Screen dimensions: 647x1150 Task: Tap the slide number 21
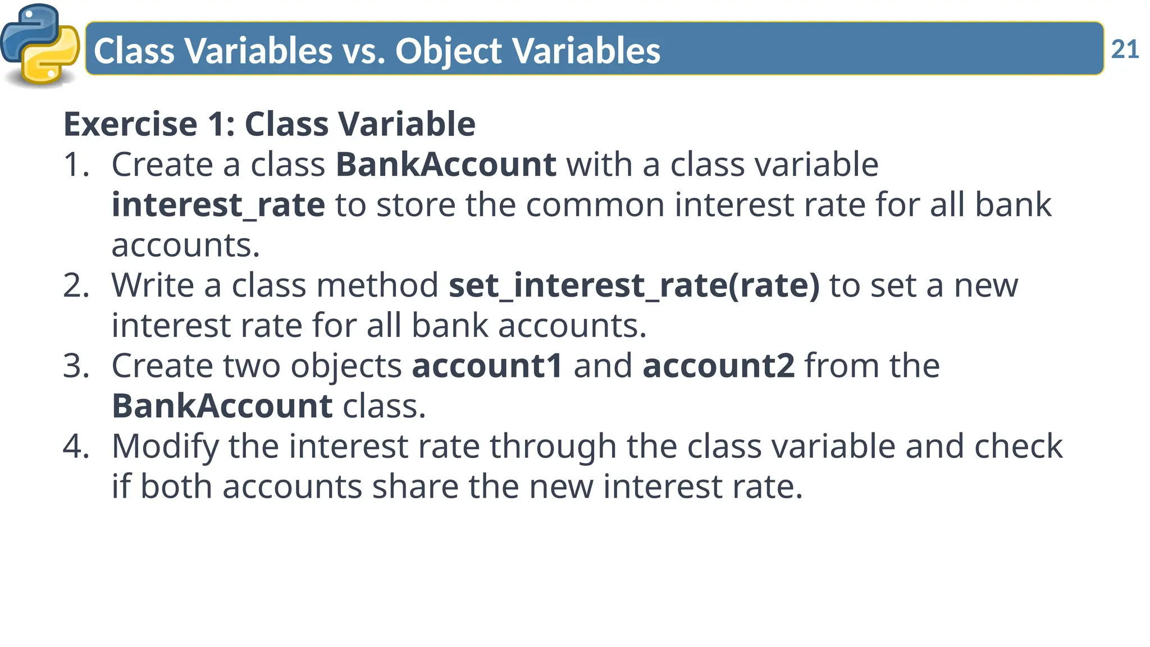click(x=1125, y=49)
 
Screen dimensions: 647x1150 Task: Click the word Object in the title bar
click(x=448, y=51)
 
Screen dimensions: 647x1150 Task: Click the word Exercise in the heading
click(x=130, y=124)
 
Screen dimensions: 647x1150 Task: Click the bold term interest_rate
click(x=218, y=205)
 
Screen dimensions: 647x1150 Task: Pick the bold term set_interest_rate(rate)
click(x=634, y=286)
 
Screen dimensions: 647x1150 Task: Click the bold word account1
click(x=487, y=366)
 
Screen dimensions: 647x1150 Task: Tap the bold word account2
click(x=718, y=366)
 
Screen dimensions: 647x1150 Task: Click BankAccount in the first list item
click(x=446, y=165)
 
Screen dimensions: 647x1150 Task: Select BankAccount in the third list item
click(x=222, y=406)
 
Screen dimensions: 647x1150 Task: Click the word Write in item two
click(x=152, y=286)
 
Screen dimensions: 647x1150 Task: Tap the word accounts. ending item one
click(x=185, y=245)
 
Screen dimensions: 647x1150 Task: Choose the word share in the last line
click(x=415, y=487)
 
